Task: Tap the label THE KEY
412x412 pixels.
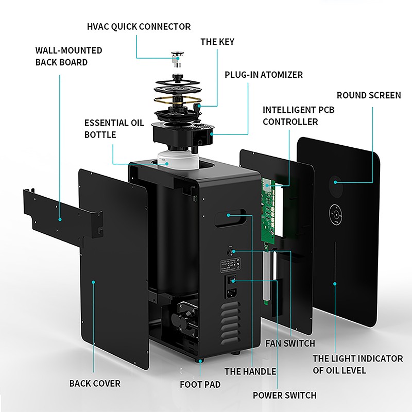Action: (x=217, y=42)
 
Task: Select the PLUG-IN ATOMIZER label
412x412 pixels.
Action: (x=263, y=75)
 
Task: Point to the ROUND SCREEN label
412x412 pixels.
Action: (x=368, y=95)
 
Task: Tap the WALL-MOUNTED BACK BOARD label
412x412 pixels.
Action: (x=68, y=56)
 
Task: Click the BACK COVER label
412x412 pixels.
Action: (x=95, y=383)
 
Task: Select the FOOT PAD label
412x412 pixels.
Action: (x=200, y=384)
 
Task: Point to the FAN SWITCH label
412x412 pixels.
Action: (x=290, y=343)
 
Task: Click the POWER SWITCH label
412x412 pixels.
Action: (x=284, y=396)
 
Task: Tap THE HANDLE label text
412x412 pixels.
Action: (x=250, y=371)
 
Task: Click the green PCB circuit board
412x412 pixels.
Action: (x=270, y=211)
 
